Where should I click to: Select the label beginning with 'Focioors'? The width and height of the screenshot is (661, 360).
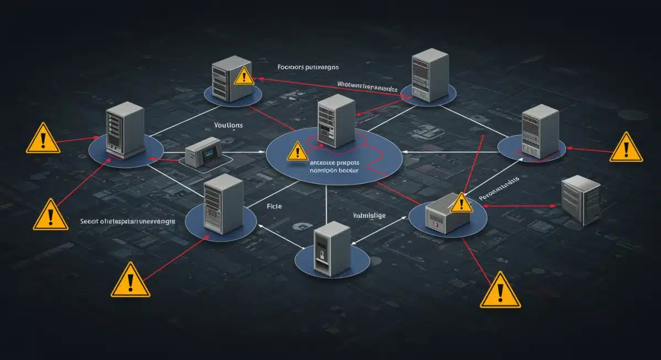pyautogui.click(x=308, y=67)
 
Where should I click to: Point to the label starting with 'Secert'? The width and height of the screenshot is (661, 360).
pyautogui.click(x=128, y=221)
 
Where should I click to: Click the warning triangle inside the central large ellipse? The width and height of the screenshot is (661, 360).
pyautogui.click(x=297, y=150)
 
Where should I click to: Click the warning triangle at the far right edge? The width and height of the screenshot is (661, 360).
pyautogui.click(x=626, y=148)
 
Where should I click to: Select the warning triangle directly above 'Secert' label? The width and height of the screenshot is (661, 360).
pyautogui.click(x=51, y=215)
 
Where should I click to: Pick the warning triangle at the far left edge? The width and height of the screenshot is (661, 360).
pyautogui.click(x=43, y=138)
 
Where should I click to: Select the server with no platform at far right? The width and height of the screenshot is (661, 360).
pyautogui.click(x=580, y=200)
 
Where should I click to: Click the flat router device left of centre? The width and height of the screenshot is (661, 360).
pyautogui.click(x=203, y=151)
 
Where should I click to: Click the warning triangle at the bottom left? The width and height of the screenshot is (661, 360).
pyautogui.click(x=131, y=280)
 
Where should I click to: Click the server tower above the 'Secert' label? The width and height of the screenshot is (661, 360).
pyautogui.click(x=223, y=204)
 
